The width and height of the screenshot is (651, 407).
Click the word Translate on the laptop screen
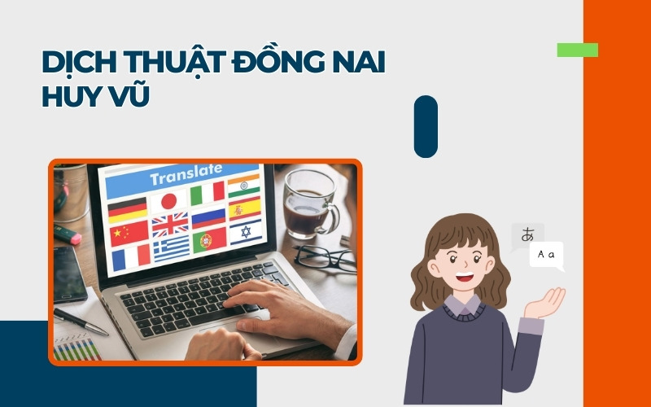click(186, 173)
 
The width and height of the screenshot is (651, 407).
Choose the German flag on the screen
click(127, 209)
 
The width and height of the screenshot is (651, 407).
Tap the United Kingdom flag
click(169, 224)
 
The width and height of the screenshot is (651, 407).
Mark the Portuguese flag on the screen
click(208, 239)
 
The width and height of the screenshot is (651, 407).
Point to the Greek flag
click(171, 247)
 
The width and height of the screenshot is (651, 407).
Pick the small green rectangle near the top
click(577, 50)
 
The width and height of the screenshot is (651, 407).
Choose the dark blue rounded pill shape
click(426, 126)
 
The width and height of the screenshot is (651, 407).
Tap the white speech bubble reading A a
click(546, 256)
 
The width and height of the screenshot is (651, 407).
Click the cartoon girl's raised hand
click(547, 302)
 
